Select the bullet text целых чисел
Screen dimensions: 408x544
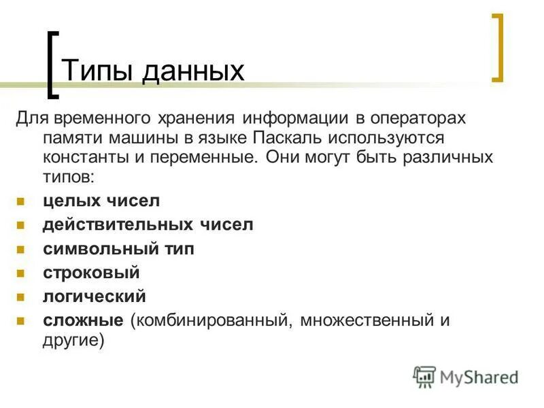tap(101, 201)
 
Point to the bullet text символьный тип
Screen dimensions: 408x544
tap(118, 249)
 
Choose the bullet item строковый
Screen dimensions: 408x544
tap(91, 273)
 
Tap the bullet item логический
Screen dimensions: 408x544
tap(95, 296)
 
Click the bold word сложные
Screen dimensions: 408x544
tap(83, 320)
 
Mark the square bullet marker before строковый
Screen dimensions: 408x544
tap(20, 273)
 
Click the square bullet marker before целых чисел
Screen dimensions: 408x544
tap(20, 201)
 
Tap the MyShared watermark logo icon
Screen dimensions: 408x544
tap(424, 376)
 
